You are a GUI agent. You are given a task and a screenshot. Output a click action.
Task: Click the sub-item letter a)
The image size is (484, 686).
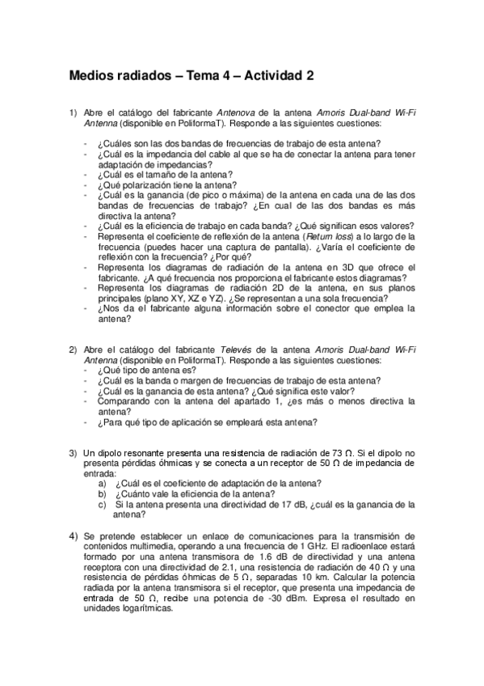click(x=103, y=483)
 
